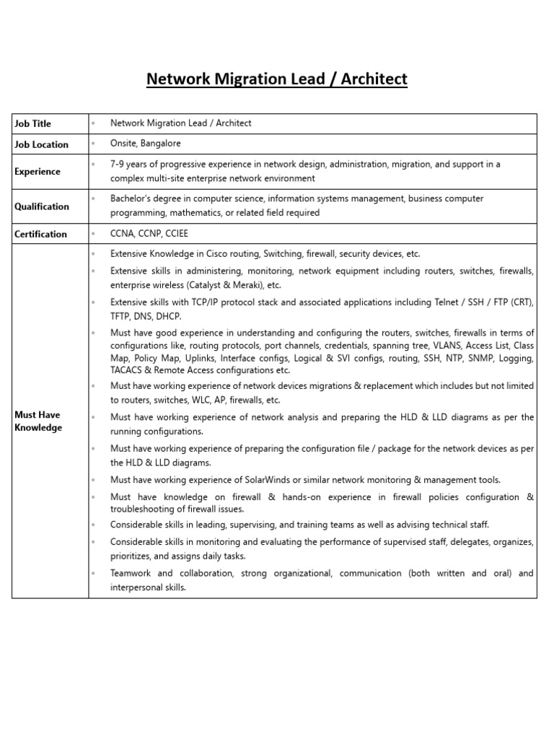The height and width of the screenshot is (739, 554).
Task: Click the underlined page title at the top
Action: click(277, 79)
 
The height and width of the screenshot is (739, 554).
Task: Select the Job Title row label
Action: click(32, 123)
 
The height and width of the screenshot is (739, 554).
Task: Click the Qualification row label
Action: click(42, 206)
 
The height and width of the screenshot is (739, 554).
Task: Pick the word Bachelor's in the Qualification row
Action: click(130, 198)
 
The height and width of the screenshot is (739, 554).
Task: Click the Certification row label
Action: click(40, 234)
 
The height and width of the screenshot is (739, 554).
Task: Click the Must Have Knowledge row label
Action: click(38, 421)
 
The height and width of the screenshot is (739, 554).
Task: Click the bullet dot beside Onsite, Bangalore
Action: click(94, 144)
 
